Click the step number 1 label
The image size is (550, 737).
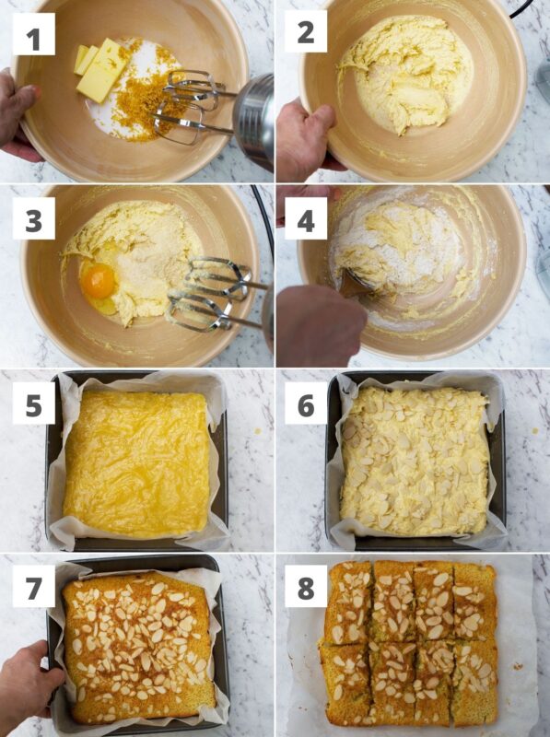point(33,34)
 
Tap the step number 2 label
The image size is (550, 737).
point(306,31)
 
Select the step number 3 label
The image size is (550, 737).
point(33,218)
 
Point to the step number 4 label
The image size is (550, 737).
point(306,218)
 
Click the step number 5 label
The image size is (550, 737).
point(33,404)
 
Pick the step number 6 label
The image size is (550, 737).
point(306,404)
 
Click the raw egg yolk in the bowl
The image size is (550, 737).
point(98,281)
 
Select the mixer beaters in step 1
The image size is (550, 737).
point(191,106)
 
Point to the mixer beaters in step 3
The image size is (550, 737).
point(212,292)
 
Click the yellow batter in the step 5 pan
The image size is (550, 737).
point(136,463)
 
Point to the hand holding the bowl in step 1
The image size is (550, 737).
point(18,115)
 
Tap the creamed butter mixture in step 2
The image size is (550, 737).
point(404,73)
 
